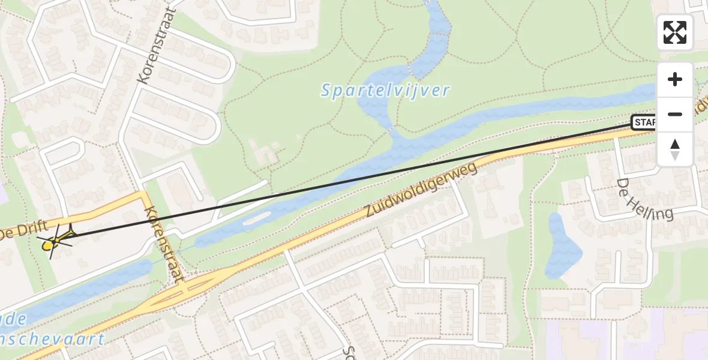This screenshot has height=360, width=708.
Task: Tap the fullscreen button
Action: coord(675,32)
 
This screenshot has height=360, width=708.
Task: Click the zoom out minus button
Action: coord(675,114)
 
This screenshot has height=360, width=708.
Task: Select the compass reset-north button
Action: coord(675,148)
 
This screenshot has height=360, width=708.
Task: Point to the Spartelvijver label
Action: coord(385,91)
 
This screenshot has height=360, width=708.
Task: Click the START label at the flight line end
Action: coord(644,123)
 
